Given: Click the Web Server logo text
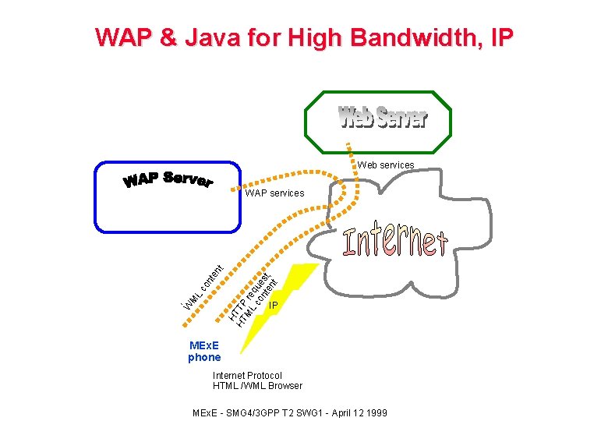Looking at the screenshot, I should (x=383, y=118).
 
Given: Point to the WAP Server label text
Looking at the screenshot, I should (x=168, y=180).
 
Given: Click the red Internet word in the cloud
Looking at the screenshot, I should (x=395, y=242).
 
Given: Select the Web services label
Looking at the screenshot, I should (x=386, y=165).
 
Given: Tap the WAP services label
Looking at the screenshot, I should (x=274, y=193).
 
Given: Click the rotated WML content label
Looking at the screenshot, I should (x=200, y=285).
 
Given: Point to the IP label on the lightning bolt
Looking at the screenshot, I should (x=273, y=306).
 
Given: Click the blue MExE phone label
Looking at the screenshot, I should (x=204, y=352).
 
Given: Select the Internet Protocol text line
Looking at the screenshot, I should (x=247, y=375).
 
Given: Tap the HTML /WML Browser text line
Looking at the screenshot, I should (x=257, y=386).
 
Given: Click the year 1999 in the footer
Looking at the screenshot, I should (x=375, y=412).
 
